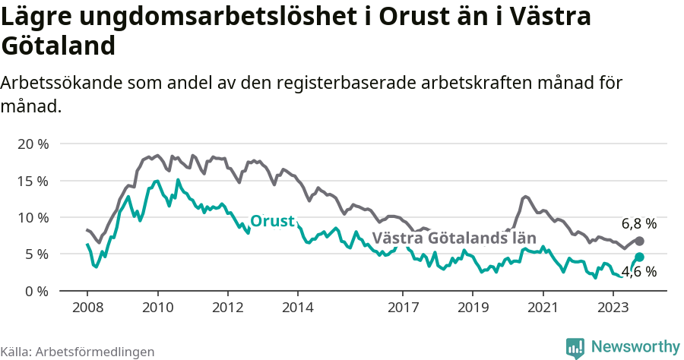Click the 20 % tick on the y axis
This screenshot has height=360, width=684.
(32, 144)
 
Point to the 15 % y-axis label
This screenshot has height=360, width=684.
(32, 181)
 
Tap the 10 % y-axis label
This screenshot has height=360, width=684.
(32, 217)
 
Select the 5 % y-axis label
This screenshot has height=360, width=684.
(36, 254)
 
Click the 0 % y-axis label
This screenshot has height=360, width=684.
(36, 291)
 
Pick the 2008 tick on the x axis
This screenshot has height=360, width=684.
(87, 308)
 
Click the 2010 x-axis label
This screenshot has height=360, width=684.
(157, 308)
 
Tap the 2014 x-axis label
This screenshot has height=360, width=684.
(297, 308)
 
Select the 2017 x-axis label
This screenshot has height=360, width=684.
(403, 308)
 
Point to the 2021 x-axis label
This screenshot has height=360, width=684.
(543, 308)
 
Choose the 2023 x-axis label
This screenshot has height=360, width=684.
(613, 308)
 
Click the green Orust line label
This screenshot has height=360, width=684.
(272, 221)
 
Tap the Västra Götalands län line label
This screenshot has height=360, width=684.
(454, 238)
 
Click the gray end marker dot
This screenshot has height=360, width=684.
(639, 241)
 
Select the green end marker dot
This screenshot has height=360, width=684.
(639, 257)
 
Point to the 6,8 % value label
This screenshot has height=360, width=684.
(638, 224)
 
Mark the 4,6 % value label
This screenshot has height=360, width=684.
(638, 272)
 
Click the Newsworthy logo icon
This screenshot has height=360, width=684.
(575, 347)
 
